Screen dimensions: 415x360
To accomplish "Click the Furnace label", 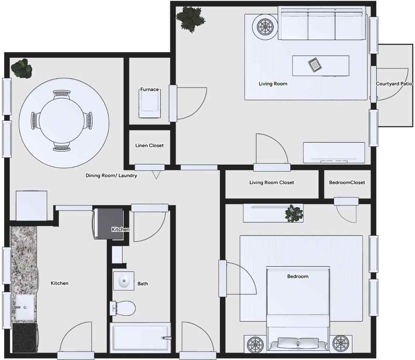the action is click(x=150, y=89).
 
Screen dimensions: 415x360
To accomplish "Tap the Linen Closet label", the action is click(x=150, y=145).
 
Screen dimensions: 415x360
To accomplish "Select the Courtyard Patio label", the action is click(x=394, y=84).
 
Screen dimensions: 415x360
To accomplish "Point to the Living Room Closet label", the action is click(x=272, y=183).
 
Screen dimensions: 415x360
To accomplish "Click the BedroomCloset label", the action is click(x=347, y=183).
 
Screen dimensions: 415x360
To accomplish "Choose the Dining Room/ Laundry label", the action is click(x=111, y=175).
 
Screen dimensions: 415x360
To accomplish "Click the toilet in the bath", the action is click(x=123, y=308).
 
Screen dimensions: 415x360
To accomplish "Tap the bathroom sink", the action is click(x=123, y=280).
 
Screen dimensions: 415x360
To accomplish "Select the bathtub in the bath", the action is click(x=140, y=337).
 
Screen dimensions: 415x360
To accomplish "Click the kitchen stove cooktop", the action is click(x=24, y=338).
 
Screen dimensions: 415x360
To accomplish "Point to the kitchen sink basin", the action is click(x=24, y=307).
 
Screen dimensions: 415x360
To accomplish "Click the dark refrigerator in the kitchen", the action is click(x=109, y=224).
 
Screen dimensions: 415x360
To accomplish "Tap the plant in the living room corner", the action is click(x=191, y=19).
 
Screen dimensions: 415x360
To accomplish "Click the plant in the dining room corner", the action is click(x=22, y=69).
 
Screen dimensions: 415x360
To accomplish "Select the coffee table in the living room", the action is click(x=321, y=66).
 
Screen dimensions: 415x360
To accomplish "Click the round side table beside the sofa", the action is click(x=265, y=27).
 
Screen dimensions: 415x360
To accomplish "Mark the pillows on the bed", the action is click(x=298, y=343).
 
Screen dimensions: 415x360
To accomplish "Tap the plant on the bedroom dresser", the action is click(x=294, y=213).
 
